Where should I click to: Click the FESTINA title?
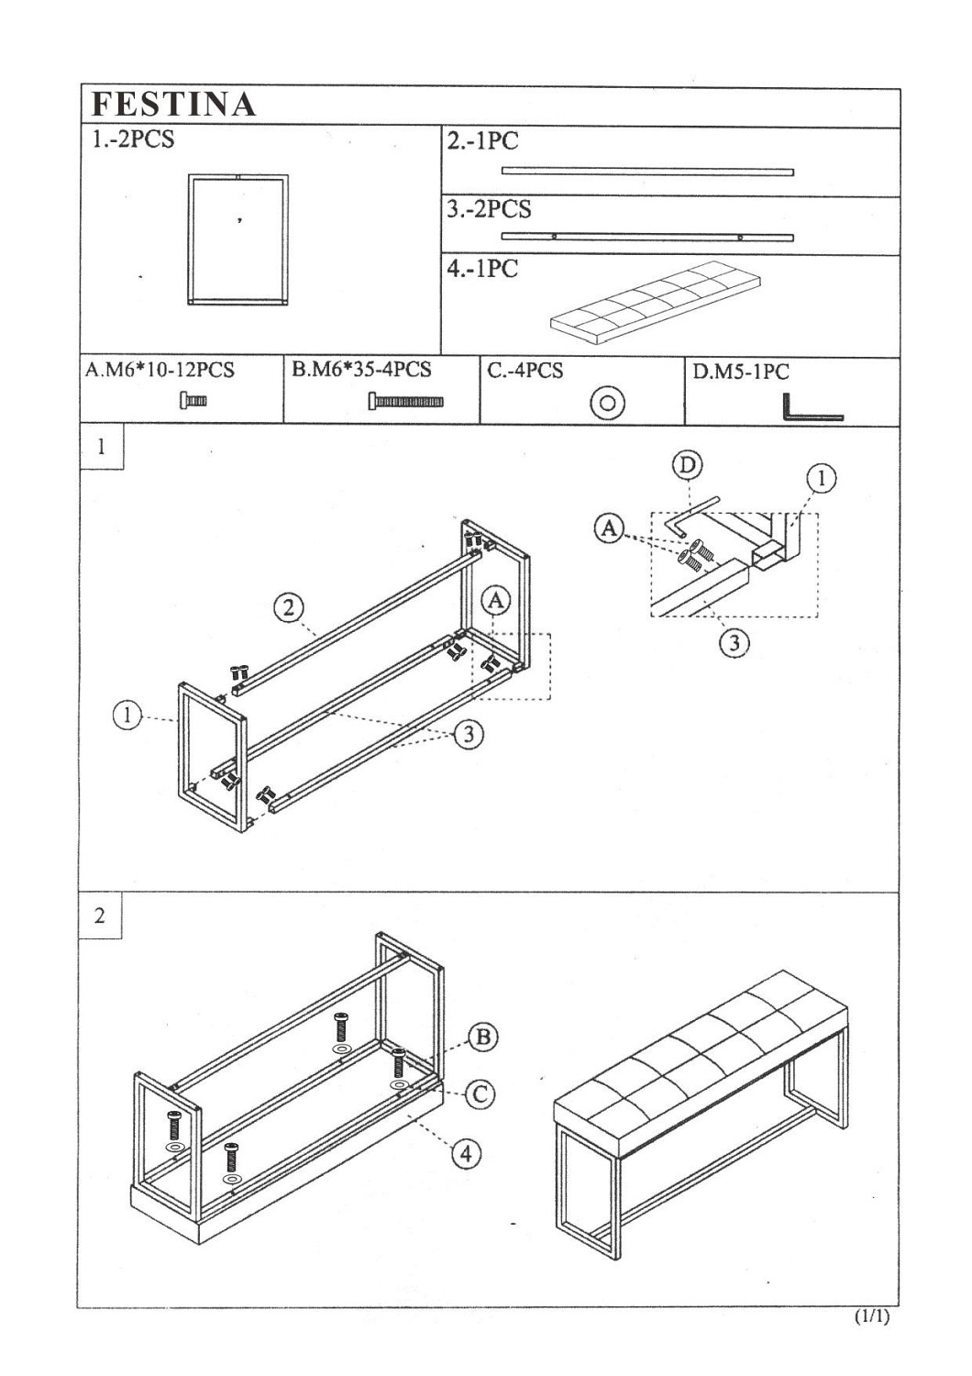[x=173, y=105]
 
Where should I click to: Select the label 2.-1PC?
[x=482, y=141]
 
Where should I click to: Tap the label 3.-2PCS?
[x=489, y=209]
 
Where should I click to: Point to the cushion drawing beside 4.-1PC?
[x=656, y=303]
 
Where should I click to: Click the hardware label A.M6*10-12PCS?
[x=160, y=371]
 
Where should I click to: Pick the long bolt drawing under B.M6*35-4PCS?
[x=406, y=401]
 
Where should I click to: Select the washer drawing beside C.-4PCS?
[x=607, y=403]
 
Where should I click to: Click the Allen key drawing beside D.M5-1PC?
[x=811, y=408]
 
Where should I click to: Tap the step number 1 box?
[x=101, y=448]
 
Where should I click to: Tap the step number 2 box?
[x=100, y=915]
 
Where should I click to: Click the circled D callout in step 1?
[x=687, y=466]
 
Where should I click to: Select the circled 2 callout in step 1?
[x=288, y=607]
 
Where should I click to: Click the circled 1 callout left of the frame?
[x=127, y=715]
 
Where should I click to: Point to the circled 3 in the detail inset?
[x=733, y=642]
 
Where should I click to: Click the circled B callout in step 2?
[x=482, y=1038]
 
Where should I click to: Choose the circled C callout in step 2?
[x=480, y=1093]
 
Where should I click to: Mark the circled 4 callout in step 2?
[x=466, y=1153]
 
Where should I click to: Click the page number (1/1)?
[x=871, y=1316]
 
